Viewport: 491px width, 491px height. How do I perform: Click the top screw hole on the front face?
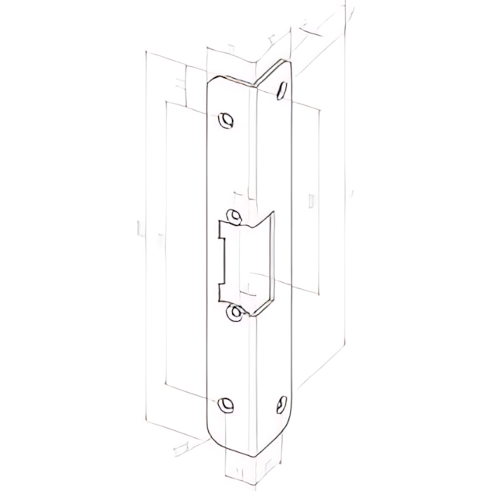(x=226, y=120)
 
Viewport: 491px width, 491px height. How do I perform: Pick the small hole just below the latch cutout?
(x=234, y=313)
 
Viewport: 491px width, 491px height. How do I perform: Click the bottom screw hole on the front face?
(x=226, y=404)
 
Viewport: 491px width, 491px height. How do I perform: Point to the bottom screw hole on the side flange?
(x=280, y=404)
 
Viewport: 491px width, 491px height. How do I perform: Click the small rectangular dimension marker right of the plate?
(x=312, y=200)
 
